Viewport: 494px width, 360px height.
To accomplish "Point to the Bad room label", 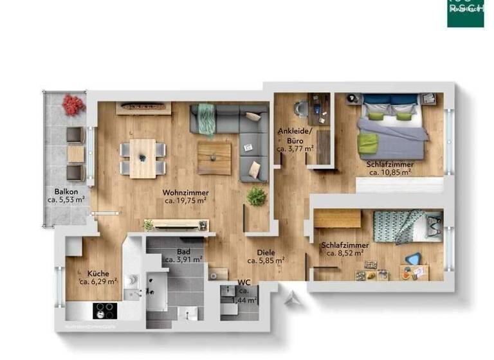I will tap(184, 252).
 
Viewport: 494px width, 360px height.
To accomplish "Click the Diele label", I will tap(265, 253).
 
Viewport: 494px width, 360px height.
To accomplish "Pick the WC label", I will tap(244, 283).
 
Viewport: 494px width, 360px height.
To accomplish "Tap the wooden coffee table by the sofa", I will tap(214, 157).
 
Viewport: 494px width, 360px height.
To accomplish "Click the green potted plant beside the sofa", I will tap(257, 196).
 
